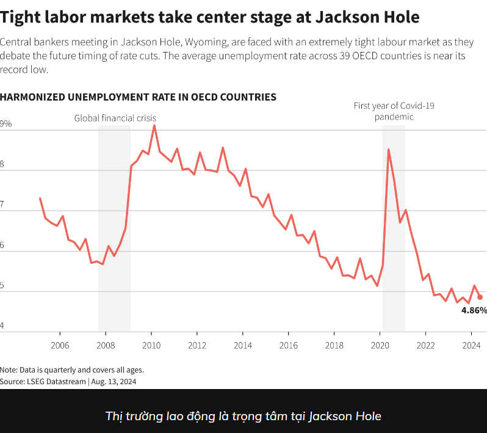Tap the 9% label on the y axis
[x=5, y=124]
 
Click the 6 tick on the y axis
[x=2, y=244]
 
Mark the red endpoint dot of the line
[x=480, y=297]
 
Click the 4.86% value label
[x=474, y=310]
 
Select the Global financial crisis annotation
[x=115, y=118]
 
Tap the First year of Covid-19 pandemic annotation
[x=394, y=111]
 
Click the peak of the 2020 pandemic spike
[x=388, y=150]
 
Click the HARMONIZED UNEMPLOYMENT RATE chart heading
[x=138, y=97]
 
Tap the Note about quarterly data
[x=72, y=369]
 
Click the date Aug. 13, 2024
[x=114, y=381]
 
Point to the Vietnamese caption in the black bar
[x=243, y=417]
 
